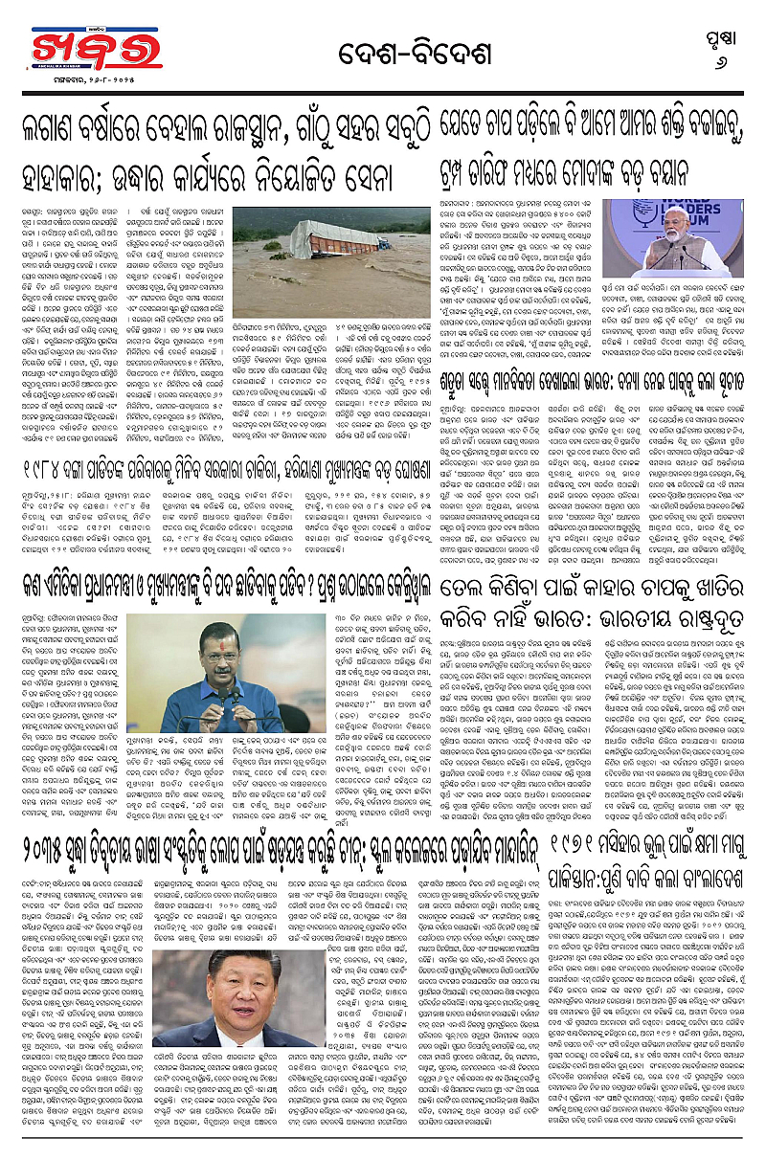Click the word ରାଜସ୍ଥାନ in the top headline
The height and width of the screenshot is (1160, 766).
[254, 133]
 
